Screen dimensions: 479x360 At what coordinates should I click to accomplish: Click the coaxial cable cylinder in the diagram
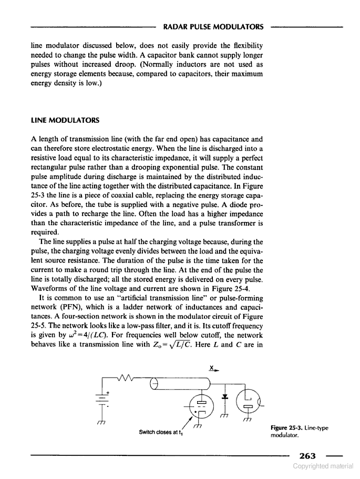(x=181, y=384)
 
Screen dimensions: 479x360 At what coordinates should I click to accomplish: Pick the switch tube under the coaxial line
(x=201, y=405)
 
